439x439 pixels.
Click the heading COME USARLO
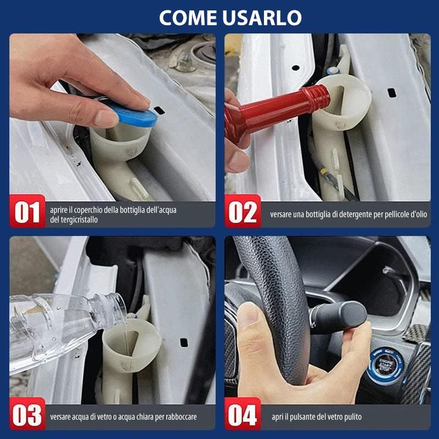pos(230,18)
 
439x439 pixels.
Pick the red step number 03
pos(27,416)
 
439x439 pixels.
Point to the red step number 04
pos(243,416)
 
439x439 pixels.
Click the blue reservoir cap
pos(134,116)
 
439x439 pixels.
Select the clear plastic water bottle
pos(60,324)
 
